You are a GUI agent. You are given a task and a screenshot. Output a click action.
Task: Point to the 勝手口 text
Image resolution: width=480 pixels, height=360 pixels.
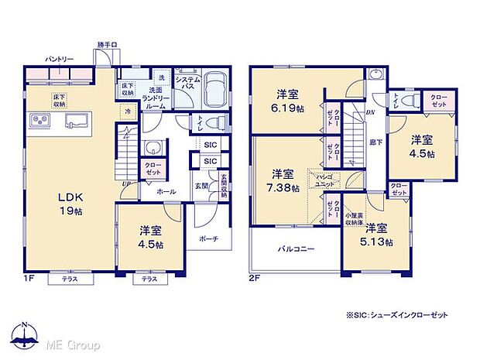[107, 45]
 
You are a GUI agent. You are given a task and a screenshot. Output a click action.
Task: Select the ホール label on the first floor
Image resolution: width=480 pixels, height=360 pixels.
[166, 190]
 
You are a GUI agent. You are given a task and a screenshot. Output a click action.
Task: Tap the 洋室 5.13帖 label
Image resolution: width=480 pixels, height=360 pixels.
[376, 235]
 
